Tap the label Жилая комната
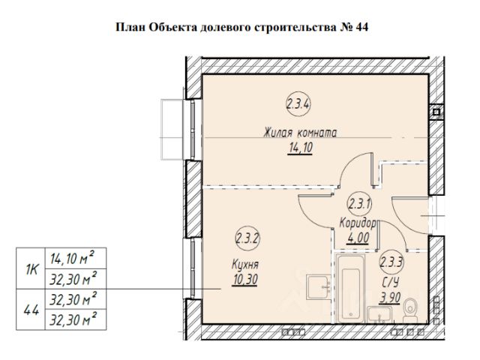(300, 133)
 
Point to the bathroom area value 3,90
(389, 298)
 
